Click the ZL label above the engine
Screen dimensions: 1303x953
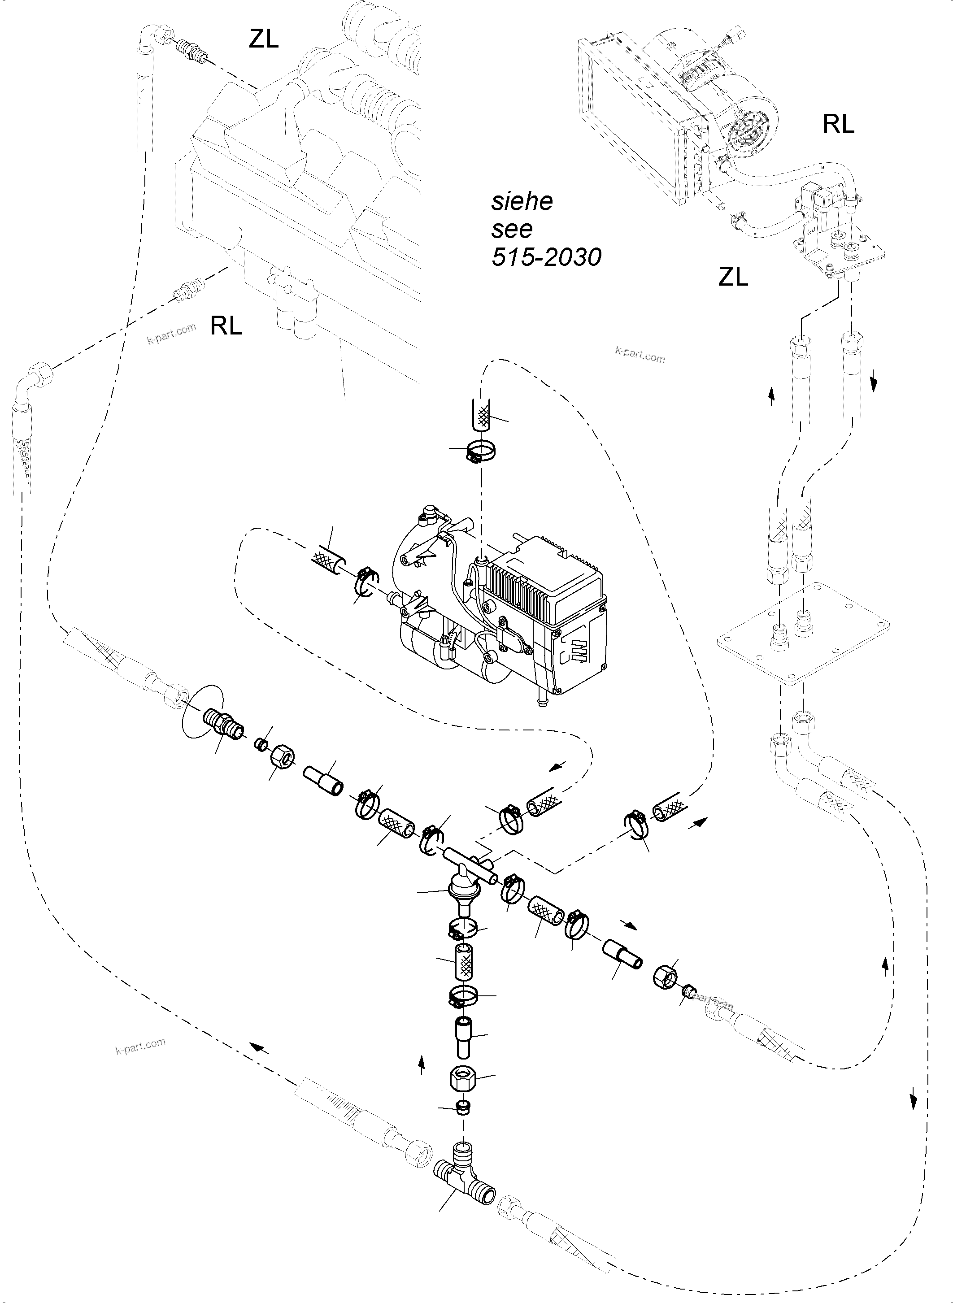[264, 39]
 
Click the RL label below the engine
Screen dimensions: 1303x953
[226, 326]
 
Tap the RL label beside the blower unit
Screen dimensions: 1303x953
[838, 124]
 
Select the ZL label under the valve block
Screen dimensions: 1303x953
[733, 278]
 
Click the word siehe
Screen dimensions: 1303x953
[522, 201]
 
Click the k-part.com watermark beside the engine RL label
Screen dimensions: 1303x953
[171, 334]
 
